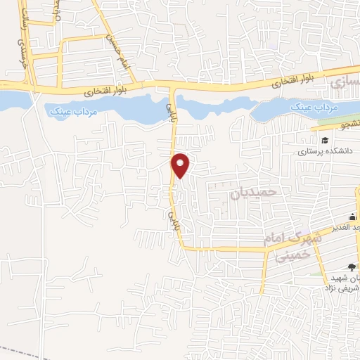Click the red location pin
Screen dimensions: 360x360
[181, 165]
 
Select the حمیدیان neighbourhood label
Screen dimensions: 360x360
[255, 191]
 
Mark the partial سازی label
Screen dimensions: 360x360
[344, 83]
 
